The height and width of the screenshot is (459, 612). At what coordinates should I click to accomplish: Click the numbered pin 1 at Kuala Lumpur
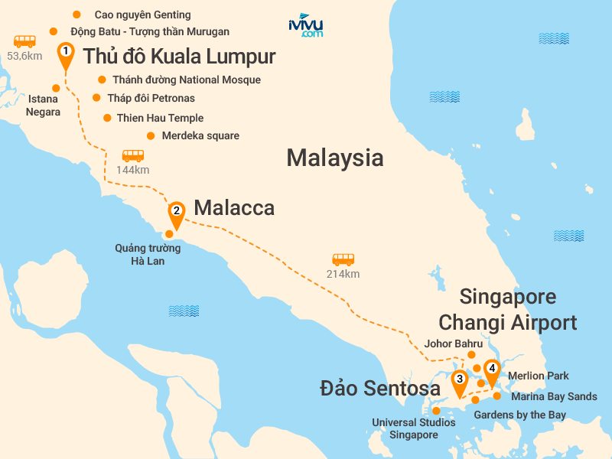tap(67, 53)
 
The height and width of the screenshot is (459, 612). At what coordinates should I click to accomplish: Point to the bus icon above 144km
tap(133, 155)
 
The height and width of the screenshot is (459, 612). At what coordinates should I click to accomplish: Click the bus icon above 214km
tap(343, 259)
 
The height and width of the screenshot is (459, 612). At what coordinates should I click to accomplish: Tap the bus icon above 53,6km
tap(24, 41)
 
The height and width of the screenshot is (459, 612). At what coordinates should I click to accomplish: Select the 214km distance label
tap(343, 274)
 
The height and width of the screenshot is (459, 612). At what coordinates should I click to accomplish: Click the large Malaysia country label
tap(334, 158)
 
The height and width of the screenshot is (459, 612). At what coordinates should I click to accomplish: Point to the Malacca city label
tap(234, 208)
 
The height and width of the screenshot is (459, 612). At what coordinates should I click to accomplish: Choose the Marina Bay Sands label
tap(554, 396)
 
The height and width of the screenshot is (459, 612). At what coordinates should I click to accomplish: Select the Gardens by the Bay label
tap(520, 415)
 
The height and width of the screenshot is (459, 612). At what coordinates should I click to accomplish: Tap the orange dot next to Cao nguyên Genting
tap(75, 15)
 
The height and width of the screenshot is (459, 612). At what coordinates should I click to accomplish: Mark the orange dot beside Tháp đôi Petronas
tap(96, 98)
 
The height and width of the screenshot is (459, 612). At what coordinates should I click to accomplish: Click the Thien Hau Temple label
tap(160, 118)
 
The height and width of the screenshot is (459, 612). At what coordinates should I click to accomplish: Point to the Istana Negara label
tap(44, 106)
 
